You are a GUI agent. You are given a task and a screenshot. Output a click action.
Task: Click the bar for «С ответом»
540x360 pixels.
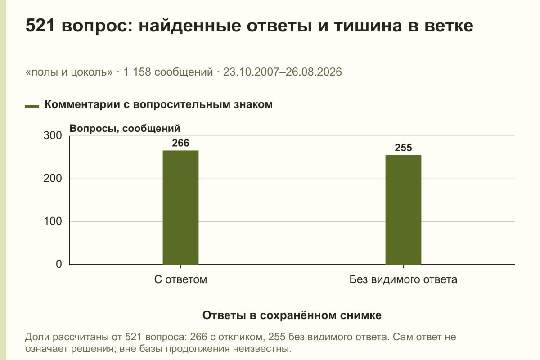(x=180, y=207)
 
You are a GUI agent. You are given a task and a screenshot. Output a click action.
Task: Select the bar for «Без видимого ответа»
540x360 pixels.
(x=403, y=210)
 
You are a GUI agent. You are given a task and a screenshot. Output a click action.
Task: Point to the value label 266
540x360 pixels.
(x=180, y=143)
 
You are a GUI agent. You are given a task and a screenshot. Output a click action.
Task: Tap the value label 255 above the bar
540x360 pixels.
(x=403, y=148)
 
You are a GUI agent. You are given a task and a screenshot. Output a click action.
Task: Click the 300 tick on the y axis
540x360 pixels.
(x=53, y=135)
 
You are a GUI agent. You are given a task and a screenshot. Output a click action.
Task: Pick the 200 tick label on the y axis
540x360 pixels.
(x=53, y=179)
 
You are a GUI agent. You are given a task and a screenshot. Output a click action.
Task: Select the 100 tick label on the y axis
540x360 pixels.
(x=53, y=221)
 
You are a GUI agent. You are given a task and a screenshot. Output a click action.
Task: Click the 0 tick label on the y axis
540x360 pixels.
(x=59, y=264)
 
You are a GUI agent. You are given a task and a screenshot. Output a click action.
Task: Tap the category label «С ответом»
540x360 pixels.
(x=180, y=280)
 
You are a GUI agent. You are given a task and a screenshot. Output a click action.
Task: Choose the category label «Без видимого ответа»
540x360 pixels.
(x=403, y=280)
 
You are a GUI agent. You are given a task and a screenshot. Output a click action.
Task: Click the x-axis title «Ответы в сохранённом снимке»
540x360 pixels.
(x=292, y=315)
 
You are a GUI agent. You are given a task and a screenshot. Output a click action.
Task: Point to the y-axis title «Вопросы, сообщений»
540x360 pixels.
(x=125, y=129)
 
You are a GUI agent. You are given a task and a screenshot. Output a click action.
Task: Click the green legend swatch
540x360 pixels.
(x=32, y=106)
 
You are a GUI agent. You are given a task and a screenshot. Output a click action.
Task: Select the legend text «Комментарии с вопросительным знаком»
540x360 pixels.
(x=158, y=105)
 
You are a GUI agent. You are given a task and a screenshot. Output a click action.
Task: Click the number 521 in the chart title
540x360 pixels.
(x=40, y=26)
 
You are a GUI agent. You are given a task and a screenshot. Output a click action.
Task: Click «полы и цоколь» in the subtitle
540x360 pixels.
(x=69, y=72)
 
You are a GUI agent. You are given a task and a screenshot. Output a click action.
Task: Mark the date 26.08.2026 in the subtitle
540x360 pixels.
(x=313, y=72)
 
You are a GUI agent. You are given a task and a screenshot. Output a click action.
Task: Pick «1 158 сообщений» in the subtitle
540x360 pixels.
(x=168, y=72)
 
